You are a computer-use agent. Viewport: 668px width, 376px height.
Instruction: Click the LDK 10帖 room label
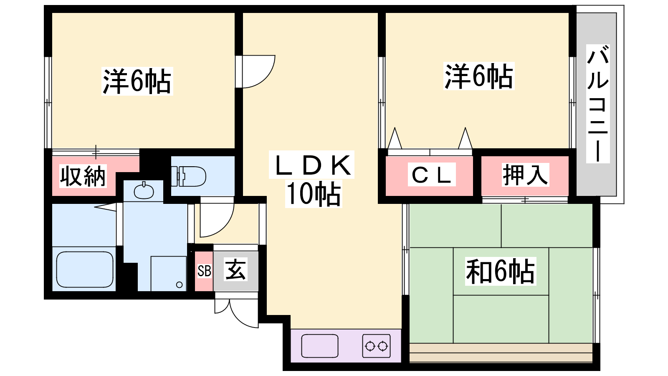pos(313,180)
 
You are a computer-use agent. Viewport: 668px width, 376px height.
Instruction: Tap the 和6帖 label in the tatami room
pos(500,272)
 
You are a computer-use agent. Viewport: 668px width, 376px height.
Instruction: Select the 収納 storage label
pos(83,176)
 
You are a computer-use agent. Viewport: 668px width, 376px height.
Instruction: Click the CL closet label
pos(431,175)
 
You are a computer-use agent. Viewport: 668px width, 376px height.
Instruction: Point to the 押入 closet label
pos(525,175)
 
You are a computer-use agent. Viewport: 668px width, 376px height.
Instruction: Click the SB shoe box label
pos(204,271)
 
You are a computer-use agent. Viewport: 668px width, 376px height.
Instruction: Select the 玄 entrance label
pos(235,269)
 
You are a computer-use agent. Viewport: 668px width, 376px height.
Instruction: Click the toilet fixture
pos(189,176)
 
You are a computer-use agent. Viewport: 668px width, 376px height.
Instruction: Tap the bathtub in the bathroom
pos(85,269)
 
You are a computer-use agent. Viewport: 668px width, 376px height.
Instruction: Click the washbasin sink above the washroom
pos(144,191)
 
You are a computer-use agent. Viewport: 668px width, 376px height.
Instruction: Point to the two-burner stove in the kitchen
pos(376,346)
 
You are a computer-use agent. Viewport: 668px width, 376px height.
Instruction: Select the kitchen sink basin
pos(319,346)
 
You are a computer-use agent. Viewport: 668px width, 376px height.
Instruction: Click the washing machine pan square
pos(169,273)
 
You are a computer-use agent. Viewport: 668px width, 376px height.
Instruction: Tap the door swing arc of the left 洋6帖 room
pos(257,72)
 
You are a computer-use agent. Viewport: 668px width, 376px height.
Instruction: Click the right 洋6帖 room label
pos(478,76)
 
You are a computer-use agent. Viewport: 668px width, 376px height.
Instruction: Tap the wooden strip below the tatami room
pos(501,353)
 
